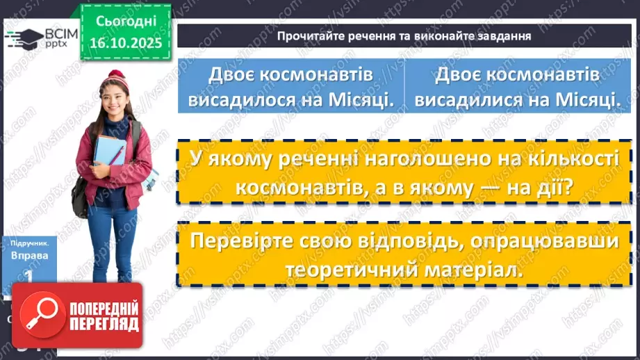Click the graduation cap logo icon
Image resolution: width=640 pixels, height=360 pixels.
(x=22, y=38)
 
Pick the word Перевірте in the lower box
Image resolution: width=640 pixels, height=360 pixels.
(x=240, y=241)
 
